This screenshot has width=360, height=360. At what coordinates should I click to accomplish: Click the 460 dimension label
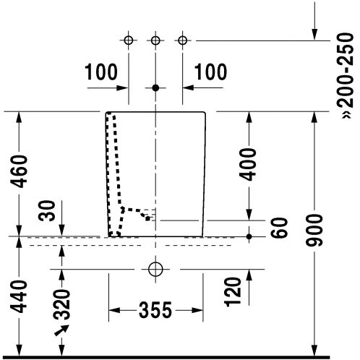click(20, 171)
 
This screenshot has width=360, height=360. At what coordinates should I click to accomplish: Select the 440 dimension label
click(20, 296)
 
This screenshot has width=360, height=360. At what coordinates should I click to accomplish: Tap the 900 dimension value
click(314, 230)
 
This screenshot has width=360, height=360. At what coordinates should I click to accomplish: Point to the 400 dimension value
click(248, 165)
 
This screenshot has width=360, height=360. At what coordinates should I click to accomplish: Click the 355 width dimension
click(155, 310)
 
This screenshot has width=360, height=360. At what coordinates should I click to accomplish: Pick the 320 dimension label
click(61, 304)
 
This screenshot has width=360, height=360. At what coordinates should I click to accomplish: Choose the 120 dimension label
click(233, 292)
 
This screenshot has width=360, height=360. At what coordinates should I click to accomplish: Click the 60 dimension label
click(280, 228)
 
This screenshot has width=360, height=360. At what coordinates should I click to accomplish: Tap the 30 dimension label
click(47, 210)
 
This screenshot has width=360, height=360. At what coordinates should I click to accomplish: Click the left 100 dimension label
click(101, 72)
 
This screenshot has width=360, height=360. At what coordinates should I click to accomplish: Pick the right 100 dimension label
click(210, 72)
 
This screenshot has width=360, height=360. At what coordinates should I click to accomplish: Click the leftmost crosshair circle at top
click(129, 40)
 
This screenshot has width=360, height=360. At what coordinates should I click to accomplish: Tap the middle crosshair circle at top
click(155, 40)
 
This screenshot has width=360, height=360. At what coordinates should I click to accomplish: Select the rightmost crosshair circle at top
click(182, 40)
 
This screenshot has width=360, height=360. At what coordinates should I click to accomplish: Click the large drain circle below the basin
click(155, 269)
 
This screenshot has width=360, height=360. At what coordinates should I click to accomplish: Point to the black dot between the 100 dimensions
click(155, 88)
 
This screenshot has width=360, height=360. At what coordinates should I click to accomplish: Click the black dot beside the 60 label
click(249, 236)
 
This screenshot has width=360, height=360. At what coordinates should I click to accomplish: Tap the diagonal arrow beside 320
click(61, 330)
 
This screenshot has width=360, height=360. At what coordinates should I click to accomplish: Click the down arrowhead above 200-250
click(314, 34)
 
